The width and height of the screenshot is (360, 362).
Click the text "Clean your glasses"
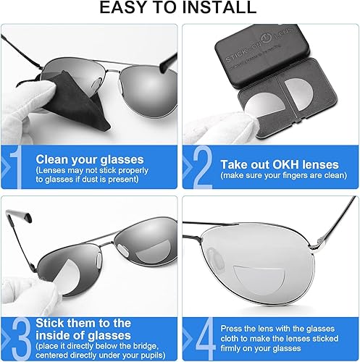pos(90,159)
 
